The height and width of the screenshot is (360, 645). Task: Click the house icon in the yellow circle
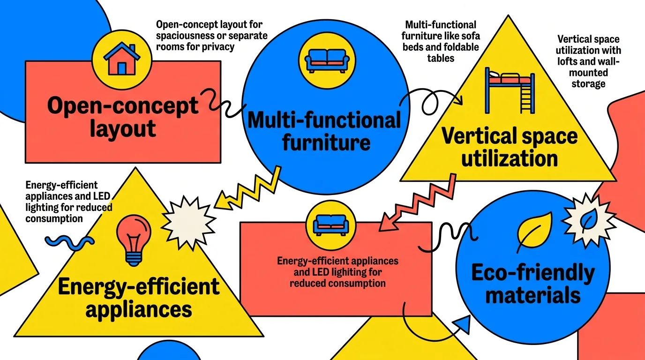(x=122, y=60)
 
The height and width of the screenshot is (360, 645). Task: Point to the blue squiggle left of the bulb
(x=70, y=240)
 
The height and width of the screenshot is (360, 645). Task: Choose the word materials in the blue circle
(x=533, y=295)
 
